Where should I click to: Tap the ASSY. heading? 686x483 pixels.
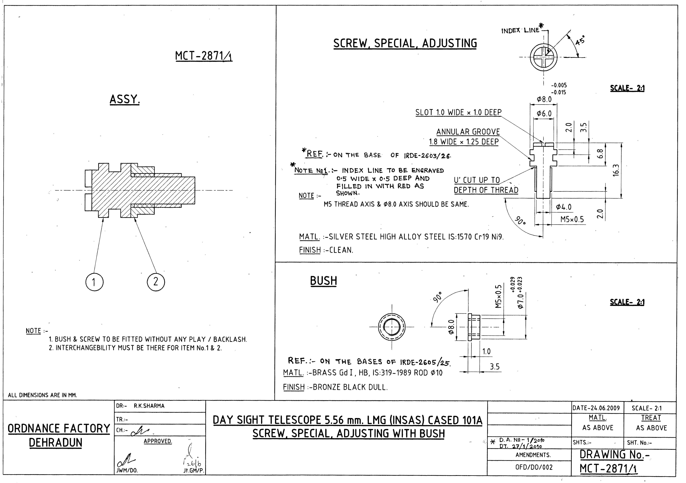point(125,99)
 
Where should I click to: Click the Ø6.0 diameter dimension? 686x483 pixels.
point(544,113)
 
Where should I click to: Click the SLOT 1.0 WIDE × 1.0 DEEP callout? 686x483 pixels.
point(458,113)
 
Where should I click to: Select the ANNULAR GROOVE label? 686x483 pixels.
point(468,132)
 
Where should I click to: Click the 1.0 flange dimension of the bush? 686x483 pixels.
point(486,351)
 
